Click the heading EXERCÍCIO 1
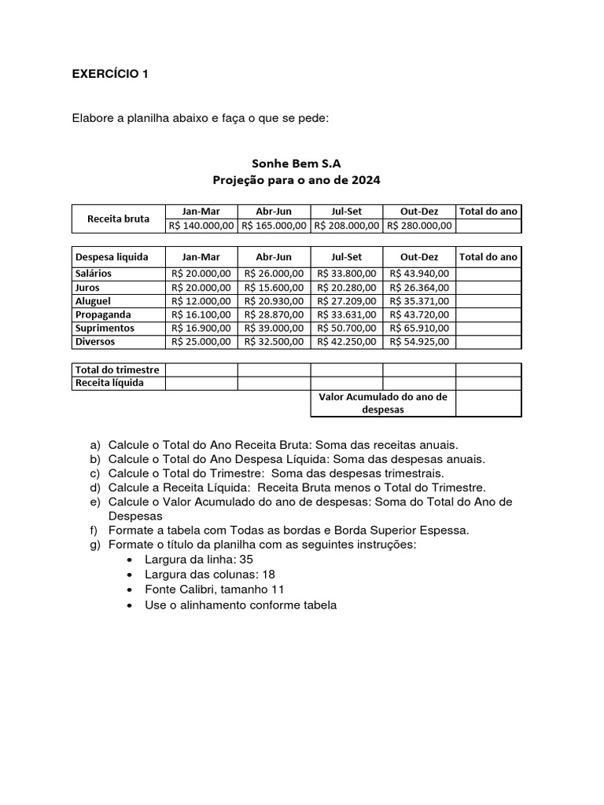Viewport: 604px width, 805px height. (110, 75)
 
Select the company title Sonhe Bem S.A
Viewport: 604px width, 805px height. (296, 163)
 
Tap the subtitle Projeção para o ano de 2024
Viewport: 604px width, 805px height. (296, 180)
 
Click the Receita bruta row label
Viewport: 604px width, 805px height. (118, 219)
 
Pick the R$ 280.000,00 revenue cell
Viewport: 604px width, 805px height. (419, 226)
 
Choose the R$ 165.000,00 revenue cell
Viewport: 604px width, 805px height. (274, 226)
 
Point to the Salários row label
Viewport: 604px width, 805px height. (94, 274)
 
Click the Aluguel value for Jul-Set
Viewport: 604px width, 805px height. (347, 301)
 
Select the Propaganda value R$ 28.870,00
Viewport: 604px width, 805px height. (274, 314)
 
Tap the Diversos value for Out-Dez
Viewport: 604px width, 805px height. (419, 342)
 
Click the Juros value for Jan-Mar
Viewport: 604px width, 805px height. (201, 288)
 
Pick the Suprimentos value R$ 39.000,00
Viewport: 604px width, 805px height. (274, 328)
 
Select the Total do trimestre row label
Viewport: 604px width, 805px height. (117, 369)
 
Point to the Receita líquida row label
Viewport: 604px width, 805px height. (109, 384)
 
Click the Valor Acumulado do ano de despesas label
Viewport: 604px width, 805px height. (383, 403)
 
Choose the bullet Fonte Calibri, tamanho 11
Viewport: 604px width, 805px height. (215, 590)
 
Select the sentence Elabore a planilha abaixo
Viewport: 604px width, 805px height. (200, 119)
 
